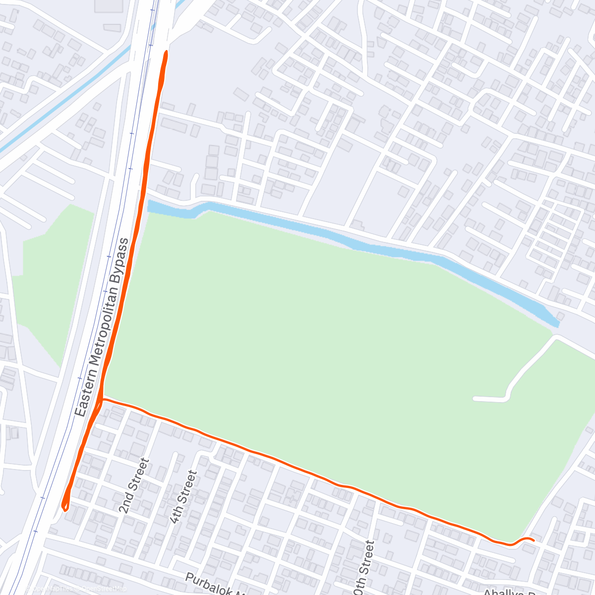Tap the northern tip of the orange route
click(166, 52)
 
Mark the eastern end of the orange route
click(533, 540)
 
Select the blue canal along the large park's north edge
click(347, 238)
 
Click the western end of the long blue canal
click(150, 205)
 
